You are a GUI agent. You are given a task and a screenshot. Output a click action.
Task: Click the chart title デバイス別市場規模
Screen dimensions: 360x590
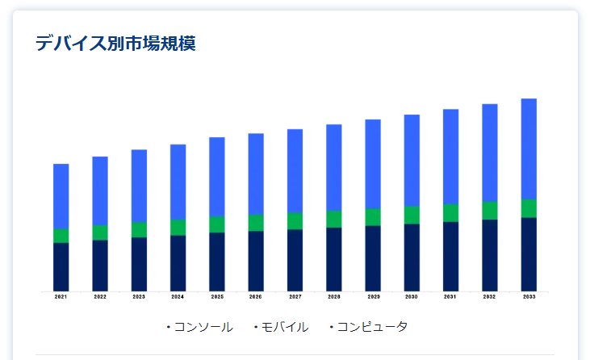[115, 44]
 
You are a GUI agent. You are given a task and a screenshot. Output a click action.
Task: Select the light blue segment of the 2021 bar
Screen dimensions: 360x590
[61, 196]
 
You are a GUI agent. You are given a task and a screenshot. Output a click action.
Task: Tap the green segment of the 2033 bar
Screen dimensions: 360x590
[529, 208]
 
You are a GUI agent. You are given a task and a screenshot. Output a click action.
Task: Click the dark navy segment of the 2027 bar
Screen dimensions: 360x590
[295, 260]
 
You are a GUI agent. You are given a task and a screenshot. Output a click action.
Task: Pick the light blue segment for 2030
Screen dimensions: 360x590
[412, 160]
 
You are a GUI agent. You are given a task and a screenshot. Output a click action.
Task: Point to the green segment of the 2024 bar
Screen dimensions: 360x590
[178, 227]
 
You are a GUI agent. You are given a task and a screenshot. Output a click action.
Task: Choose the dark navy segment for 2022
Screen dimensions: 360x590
[100, 265]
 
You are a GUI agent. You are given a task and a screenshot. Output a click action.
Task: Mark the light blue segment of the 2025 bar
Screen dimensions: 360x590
[217, 177]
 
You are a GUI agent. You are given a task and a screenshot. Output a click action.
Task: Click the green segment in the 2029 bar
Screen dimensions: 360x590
[373, 217]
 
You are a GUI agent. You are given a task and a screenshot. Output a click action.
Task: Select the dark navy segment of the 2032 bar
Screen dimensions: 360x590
[490, 255]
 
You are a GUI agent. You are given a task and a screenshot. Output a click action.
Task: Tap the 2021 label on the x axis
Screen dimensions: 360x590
[61, 297]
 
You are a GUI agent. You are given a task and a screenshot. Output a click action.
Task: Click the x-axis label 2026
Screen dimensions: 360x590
[256, 297]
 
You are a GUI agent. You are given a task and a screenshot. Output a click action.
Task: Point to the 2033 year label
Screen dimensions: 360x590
[529, 297]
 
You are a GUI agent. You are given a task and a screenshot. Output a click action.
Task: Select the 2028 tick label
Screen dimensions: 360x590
[334, 297]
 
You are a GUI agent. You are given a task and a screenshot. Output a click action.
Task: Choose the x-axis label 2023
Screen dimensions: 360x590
[139, 297]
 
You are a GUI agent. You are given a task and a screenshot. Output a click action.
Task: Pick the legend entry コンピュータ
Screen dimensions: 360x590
[371, 327]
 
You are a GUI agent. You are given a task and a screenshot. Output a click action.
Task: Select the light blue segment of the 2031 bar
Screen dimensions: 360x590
[450, 157]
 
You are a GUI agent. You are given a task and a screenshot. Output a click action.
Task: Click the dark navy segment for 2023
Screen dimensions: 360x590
[139, 264]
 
